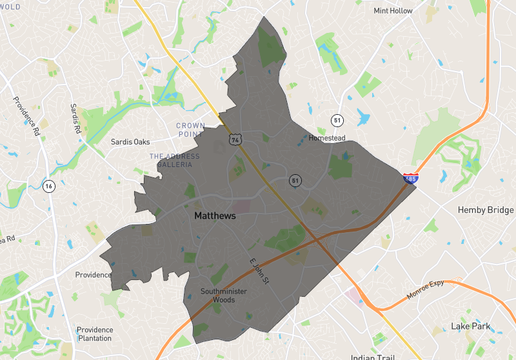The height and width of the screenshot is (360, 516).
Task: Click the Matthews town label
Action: click(214, 215)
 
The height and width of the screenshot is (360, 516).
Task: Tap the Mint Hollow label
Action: click(393, 11)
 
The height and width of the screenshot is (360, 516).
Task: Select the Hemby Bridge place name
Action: click(485, 210)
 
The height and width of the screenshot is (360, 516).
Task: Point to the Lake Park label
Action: click(471, 326)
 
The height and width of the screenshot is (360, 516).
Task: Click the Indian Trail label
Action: click(374, 356)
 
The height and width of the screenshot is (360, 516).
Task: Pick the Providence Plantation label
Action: click(95, 335)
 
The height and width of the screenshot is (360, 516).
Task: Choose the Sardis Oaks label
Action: click(129, 142)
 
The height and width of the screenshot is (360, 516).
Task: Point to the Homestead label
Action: click(325, 138)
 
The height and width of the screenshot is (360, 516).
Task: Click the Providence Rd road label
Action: click(25, 116)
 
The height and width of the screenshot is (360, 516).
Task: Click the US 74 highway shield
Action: click(233, 141)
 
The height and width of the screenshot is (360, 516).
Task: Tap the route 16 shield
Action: click(48, 185)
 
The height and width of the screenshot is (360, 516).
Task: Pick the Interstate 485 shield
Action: click(411, 178)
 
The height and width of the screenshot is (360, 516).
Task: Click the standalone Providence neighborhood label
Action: click(93, 275)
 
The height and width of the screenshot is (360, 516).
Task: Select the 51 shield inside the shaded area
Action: click(295, 180)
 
